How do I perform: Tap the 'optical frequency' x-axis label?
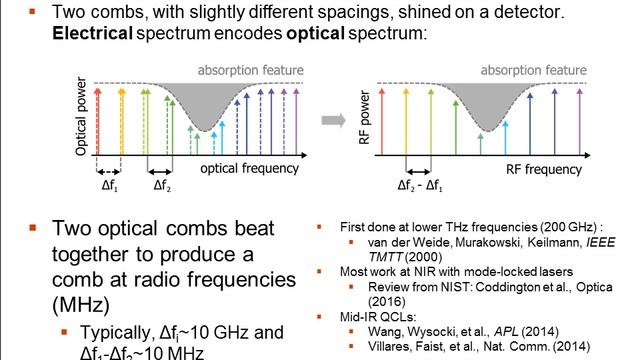point(246,170)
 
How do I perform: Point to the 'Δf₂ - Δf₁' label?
point(420,187)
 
